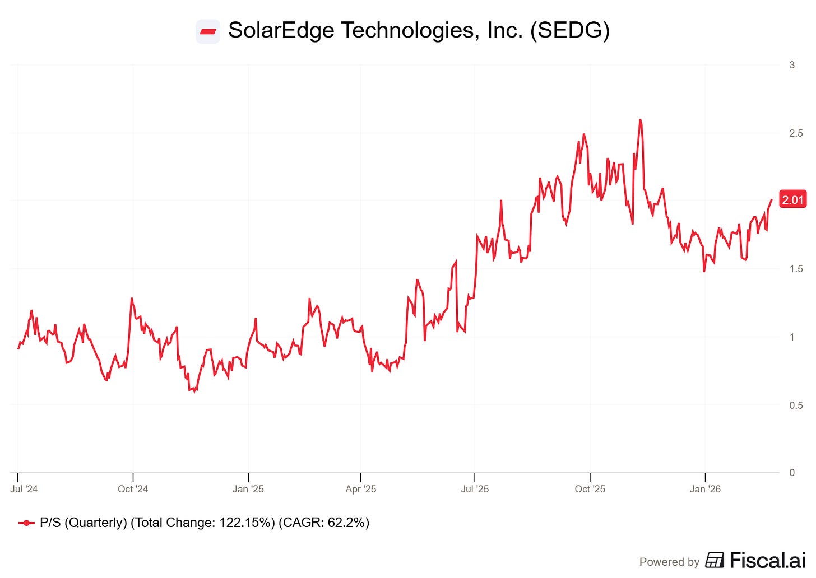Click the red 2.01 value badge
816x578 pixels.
click(792, 200)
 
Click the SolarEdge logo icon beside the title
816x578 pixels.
click(208, 31)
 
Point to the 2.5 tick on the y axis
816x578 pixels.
click(796, 133)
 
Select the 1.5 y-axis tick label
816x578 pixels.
click(796, 269)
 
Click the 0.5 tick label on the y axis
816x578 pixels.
click(796, 405)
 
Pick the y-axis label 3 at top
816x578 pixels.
click(792, 65)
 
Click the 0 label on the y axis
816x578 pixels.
click(792, 473)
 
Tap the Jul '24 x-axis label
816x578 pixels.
click(24, 489)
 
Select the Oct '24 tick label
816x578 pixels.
click(133, 489)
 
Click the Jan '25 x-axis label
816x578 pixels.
click(248, 489)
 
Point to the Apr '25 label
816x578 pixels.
click(361, 489)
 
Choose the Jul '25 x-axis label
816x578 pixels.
click(475, 489)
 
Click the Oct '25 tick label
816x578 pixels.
click(590, 489)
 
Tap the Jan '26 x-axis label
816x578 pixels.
click(705, 489)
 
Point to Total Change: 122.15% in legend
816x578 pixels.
click(203, 523)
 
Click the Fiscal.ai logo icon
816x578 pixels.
click(715, 560)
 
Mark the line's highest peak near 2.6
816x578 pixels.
click(640, 120)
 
